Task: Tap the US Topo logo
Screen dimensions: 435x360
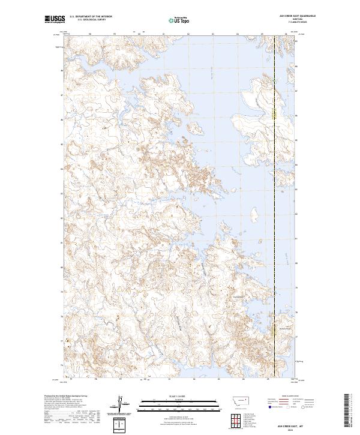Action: [x=179, y=21]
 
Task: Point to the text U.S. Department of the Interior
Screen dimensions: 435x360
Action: [x=91, y=16]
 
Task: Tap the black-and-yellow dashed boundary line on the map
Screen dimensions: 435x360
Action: [x=275, y=180]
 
